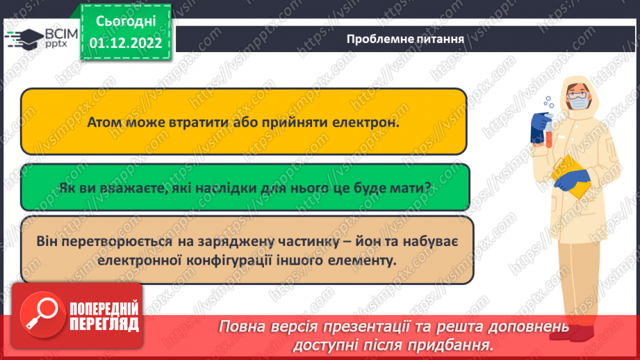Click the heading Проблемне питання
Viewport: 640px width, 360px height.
[405, 39]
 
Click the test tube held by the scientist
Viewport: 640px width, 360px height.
[548, 132]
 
